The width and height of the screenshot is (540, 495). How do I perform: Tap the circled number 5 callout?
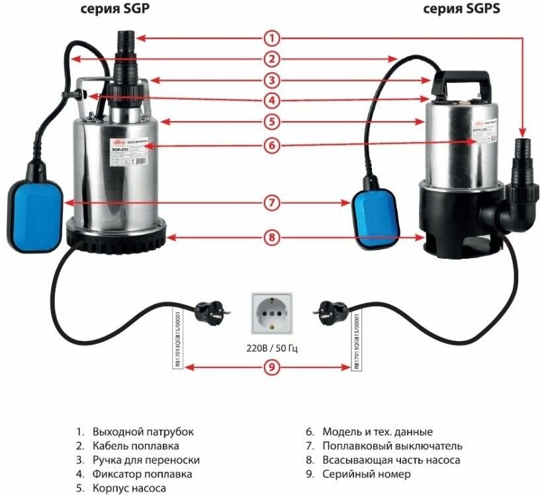coord(271,122)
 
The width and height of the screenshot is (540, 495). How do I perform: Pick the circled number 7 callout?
coord(271,203)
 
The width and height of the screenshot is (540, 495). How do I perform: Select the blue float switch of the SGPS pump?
coord(374,215)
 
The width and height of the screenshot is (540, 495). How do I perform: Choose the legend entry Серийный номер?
coord(367,474)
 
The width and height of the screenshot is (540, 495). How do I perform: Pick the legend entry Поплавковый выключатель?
coord(392,446)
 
